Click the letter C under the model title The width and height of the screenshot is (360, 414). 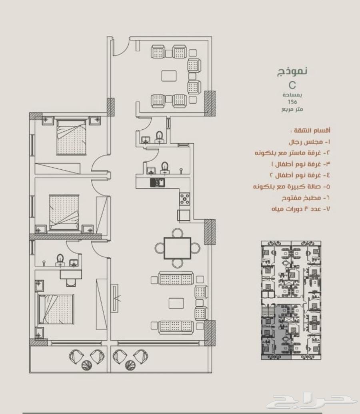coord(292,85)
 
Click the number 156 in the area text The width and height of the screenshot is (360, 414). coord(292,102)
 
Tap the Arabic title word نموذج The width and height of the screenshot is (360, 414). coord(292,71)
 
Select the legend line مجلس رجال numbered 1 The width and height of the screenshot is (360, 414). coord(309,142)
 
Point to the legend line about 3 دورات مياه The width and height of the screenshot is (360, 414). coord(301,209)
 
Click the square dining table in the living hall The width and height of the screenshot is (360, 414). coord(178,248)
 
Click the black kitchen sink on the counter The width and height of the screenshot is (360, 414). coord(158,183)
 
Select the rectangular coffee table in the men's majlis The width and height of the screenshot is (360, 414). coord(169,76)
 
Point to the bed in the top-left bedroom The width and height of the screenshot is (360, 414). coord(72,137)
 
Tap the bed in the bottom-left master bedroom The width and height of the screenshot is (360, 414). coord(56,309)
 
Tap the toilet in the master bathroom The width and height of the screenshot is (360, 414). coord(60,260)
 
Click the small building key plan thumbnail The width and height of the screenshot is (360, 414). coord(291,300)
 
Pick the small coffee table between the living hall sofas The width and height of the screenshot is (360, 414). coord(176,303)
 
